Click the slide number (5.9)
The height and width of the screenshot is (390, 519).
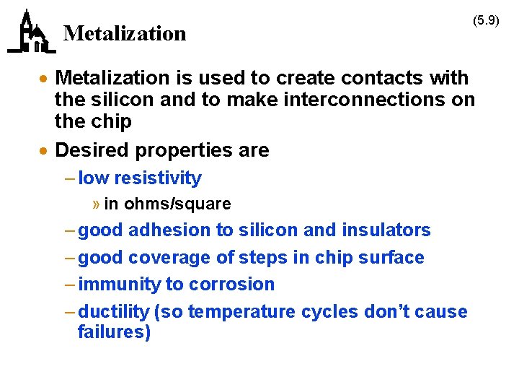coord(486,20)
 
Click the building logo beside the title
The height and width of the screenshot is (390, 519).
coord(31,32)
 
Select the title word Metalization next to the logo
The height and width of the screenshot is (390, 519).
coord(125,33)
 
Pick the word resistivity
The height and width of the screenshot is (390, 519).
coord(158,178)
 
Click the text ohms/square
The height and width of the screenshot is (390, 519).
coord(177,204)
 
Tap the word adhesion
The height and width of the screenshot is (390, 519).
coord(169,230)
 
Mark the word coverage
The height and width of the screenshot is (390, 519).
coord(169,258)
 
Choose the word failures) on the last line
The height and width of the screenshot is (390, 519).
coord(114,332)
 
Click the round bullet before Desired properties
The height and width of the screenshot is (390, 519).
coord(45,151)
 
